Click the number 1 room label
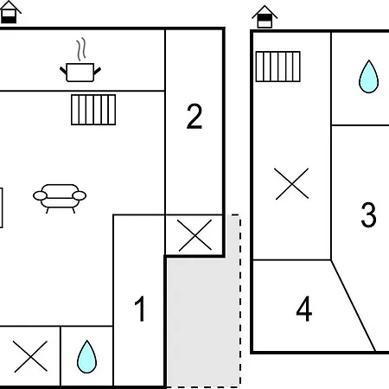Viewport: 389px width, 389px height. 140,309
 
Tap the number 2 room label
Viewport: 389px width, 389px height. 194,116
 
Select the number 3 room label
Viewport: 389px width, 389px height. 368,214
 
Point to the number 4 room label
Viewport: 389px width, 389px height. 304,309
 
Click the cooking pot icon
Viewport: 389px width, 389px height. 80,73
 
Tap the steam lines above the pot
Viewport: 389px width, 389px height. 81,49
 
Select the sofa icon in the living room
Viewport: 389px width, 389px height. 60,199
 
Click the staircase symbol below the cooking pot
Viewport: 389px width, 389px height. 93,110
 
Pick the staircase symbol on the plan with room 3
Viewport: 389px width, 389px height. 278,67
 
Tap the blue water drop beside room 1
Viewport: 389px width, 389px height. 86,357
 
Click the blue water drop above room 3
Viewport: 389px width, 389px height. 368,77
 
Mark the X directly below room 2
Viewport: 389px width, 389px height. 194,235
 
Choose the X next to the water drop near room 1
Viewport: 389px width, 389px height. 30,356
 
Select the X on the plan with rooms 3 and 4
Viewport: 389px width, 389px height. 291,184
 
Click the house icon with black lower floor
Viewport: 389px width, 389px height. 10,12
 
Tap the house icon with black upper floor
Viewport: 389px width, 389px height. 265,16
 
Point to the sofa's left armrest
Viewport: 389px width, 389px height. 40,195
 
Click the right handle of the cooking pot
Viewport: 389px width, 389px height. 98,71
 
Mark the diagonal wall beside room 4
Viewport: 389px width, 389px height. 354,306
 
